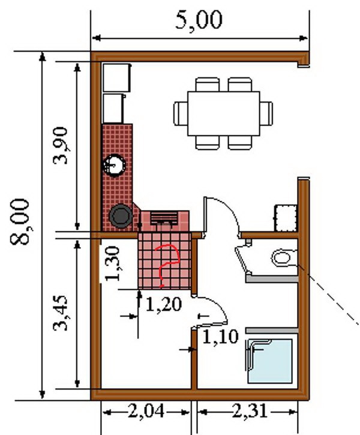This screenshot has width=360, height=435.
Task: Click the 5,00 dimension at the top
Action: click(x=199, y=20)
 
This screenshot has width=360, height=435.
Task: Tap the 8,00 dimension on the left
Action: click(x=20, y=222)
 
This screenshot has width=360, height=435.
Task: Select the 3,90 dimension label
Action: click(x=61, y=146)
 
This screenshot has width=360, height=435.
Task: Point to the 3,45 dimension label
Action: click(x=61, y=313)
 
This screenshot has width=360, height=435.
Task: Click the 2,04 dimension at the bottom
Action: click(x=146, y=411)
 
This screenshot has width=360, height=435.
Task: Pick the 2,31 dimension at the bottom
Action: click(x=250, y=411)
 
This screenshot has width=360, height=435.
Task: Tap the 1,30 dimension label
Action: click(x=113, y=263)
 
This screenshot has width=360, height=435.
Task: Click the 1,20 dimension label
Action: click(x=164, y=304)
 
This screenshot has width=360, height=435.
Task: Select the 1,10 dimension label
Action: click(x=220, y=337)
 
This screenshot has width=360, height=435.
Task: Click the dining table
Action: click(x=224, y=113)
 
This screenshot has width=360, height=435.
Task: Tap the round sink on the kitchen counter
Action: click(x=114, y=166)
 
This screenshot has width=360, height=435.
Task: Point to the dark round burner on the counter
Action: click(x=121, y=216)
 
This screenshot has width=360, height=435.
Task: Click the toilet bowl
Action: click(x=283, y=257)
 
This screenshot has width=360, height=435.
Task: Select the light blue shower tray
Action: click(x=269, y=361)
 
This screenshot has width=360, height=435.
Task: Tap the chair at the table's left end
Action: click(x=181, y=113)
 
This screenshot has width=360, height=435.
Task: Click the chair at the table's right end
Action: click(x=266, y=113)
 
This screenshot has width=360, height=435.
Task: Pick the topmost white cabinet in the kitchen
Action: click(x=117, y=77)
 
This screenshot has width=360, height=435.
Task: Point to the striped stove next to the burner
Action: click(x=164, y=218)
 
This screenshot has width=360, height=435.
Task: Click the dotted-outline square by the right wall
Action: click(x=286, y=218)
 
